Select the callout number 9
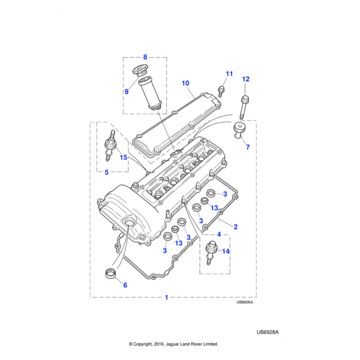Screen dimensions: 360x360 click(127, 92)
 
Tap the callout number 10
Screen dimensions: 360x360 click(185, 83)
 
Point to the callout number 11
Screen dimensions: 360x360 click(229, 74)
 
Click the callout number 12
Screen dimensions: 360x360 click(245, 79)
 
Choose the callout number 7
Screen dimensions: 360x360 click(247, 147)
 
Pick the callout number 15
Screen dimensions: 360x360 click(123, 158)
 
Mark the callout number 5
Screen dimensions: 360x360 click(106, 173)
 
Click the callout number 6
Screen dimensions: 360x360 click(125, 285)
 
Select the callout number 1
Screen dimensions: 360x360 click(166, 298)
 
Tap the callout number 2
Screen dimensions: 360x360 click(236, 227)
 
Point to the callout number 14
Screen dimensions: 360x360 click(226, 252)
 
